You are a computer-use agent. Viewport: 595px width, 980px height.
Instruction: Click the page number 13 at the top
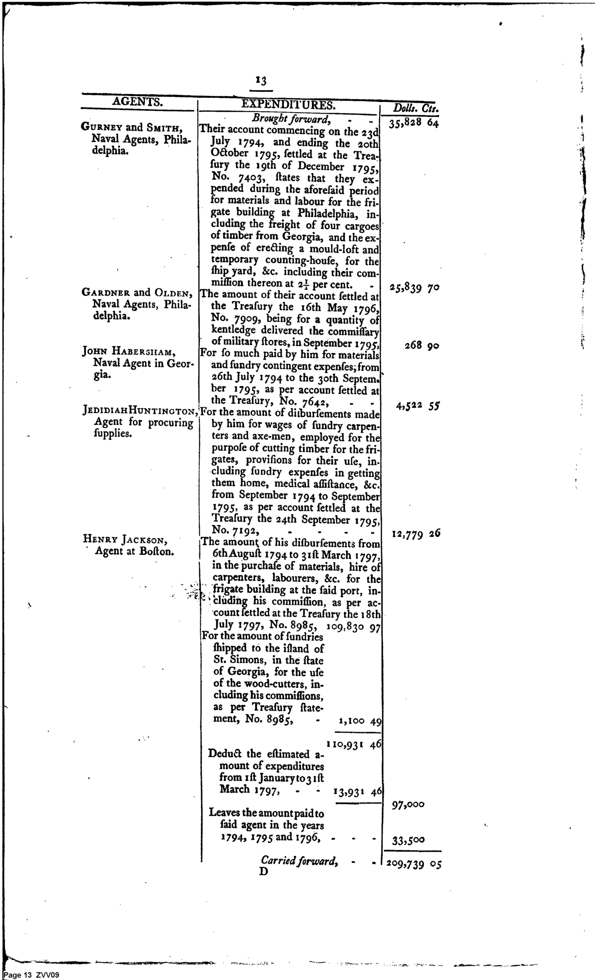click(261, 81)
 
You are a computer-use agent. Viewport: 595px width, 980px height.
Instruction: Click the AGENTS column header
click(137, 102)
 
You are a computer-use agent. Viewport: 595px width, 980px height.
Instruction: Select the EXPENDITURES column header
click(288, 104)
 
